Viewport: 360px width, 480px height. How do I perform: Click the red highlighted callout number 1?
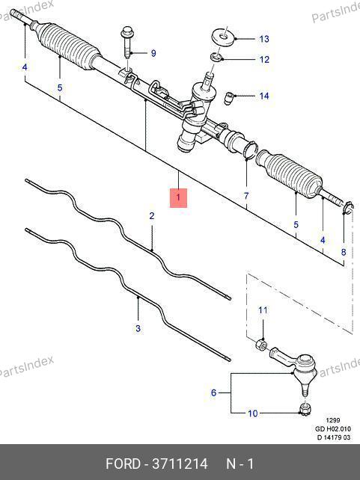178,197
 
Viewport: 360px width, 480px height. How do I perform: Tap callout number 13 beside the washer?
264,39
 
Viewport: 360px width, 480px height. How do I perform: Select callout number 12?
264,59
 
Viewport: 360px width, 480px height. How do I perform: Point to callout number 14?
264,96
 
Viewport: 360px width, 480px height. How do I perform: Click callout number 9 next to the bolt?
153,53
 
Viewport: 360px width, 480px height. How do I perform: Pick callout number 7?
246,196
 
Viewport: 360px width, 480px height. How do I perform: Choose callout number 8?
344,252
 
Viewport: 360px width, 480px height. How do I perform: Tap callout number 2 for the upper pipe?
152,216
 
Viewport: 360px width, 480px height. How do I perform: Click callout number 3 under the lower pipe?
138,328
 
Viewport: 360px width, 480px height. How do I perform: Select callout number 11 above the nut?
263,310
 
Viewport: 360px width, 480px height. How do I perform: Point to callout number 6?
213,393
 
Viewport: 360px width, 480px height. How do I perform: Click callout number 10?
253,413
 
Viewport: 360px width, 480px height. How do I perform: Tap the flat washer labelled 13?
224,37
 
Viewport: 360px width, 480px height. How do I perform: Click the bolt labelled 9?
127,44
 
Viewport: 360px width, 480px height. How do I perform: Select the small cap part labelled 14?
229,98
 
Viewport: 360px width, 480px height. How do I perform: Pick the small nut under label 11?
261,345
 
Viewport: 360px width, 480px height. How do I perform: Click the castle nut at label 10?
304,409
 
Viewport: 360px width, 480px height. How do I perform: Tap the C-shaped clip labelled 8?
348,208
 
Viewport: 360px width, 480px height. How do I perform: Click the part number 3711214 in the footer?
180,464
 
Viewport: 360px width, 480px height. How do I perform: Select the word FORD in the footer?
123,464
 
